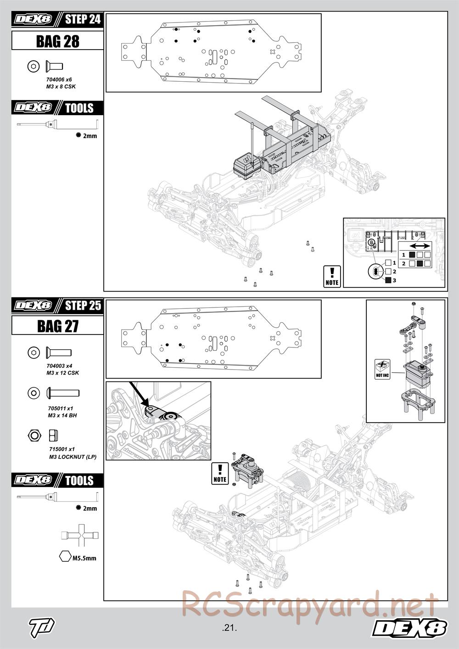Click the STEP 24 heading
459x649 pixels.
tap(82, 20)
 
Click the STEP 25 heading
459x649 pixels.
tap(82, 306)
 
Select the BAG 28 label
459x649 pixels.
tap(57, 41)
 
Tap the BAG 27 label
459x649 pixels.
tap(57, 326)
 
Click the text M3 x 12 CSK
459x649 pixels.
tap(62, 373)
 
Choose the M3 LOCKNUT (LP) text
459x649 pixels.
tap(73, 457)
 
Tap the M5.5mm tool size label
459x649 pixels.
tap(84, 558)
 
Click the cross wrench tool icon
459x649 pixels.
tap(80, 535)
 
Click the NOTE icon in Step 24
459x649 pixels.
tap(332, 276)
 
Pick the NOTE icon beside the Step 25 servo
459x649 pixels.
tap(220, 473)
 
